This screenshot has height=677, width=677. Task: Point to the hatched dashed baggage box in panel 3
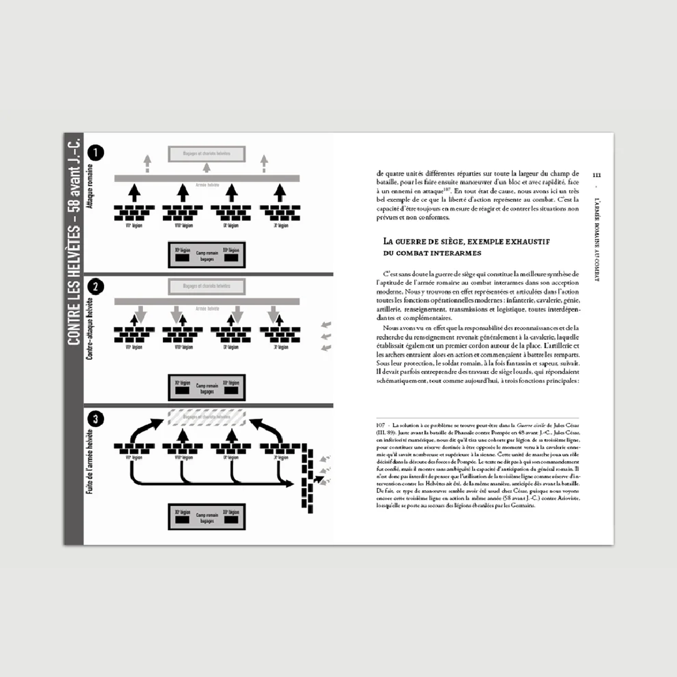click(x=206, y=419)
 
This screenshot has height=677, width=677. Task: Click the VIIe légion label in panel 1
click(x=134, y=226)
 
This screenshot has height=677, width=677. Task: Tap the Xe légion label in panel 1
click(x=280, y=226)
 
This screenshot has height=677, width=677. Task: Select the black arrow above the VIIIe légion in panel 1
click(x=182, y=192)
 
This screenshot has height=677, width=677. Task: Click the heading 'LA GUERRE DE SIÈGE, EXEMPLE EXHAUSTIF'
click(x=466, y=241)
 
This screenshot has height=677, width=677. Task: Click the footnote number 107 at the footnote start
click(x=381, y=425)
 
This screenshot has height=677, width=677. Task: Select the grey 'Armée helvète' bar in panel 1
click(x=206, y=179)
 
